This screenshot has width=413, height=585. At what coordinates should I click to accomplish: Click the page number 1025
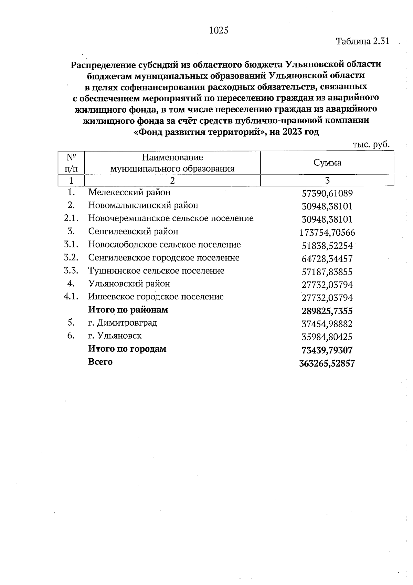219,31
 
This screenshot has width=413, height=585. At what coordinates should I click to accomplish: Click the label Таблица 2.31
362,41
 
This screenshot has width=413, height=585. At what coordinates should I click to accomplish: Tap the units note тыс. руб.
371,144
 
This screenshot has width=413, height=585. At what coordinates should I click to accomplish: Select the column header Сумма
327,163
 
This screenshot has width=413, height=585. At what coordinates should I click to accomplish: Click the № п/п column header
71,163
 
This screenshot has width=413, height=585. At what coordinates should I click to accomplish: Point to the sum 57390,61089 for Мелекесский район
327,193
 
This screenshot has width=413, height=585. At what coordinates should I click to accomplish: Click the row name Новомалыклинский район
143,205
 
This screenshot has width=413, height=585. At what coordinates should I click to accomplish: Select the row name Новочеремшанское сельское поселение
171,218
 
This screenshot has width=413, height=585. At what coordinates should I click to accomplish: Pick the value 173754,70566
327,233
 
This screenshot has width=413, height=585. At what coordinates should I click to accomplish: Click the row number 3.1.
71,245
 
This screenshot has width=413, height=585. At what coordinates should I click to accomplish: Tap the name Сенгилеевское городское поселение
164,258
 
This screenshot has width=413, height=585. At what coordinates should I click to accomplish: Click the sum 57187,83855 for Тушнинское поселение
327,272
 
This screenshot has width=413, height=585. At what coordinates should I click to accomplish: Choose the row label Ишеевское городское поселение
156,297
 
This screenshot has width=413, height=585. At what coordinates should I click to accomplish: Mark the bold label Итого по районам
128,310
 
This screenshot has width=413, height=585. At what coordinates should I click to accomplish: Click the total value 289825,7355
327,311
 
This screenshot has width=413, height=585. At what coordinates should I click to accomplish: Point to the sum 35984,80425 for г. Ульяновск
327,337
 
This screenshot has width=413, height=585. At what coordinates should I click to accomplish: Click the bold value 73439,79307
327,350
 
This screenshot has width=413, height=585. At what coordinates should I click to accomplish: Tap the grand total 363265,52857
327,363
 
